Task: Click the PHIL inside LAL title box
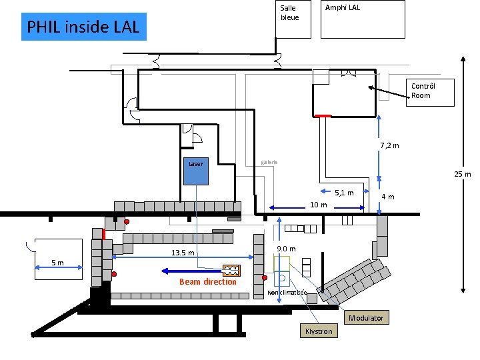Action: click(x=83, y=27)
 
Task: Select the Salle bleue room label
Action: click(x=289, y=13)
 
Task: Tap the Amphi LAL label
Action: click(x=342, y=8)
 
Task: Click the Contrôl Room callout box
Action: click(x=431, y=91)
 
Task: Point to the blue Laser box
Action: click(x=196, y=170)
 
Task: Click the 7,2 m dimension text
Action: click(x=389, y=146)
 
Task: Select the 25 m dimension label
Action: click(x=462, y=175)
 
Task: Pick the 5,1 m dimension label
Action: click(x=344, y=193)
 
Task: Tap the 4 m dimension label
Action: click(x=387, y=197)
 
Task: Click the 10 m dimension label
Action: click(x=318, y=205)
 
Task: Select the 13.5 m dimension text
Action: click(x=182, y=253)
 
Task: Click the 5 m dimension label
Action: click(x=58, y=263)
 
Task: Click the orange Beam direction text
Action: click(x=207, y=282)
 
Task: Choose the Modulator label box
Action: click(x=366, y=318)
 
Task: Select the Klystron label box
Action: click(x=318, y=331)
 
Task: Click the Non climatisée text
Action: click(x=287, y=293)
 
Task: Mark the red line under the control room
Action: click(x=322, y=116)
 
